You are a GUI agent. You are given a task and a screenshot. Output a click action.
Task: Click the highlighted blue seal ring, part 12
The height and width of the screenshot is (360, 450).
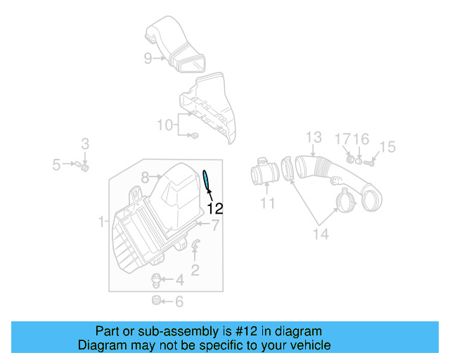206,181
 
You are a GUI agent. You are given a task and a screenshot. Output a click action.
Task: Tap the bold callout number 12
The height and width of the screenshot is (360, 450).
214,208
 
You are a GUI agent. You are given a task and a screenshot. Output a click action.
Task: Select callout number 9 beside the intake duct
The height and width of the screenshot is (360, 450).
148,58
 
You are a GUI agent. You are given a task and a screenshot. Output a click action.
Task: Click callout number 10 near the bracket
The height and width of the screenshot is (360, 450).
165,125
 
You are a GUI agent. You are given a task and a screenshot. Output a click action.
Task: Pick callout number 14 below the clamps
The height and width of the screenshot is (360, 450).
320,234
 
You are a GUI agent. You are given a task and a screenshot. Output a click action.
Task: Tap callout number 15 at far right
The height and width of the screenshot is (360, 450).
387,147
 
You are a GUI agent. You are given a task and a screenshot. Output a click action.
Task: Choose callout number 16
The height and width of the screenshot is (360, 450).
361,139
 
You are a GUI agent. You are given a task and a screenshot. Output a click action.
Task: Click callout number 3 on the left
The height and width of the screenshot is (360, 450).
84,144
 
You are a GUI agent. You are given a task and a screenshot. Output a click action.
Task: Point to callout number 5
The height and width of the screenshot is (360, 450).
56,165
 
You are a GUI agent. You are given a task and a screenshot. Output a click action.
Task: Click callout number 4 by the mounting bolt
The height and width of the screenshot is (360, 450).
179,281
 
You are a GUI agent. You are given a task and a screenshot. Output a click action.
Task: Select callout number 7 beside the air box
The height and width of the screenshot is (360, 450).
216,225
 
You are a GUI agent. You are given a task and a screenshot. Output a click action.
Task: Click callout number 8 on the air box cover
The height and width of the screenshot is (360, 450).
145,177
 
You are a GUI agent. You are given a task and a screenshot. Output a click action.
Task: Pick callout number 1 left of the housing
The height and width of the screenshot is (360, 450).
102,222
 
